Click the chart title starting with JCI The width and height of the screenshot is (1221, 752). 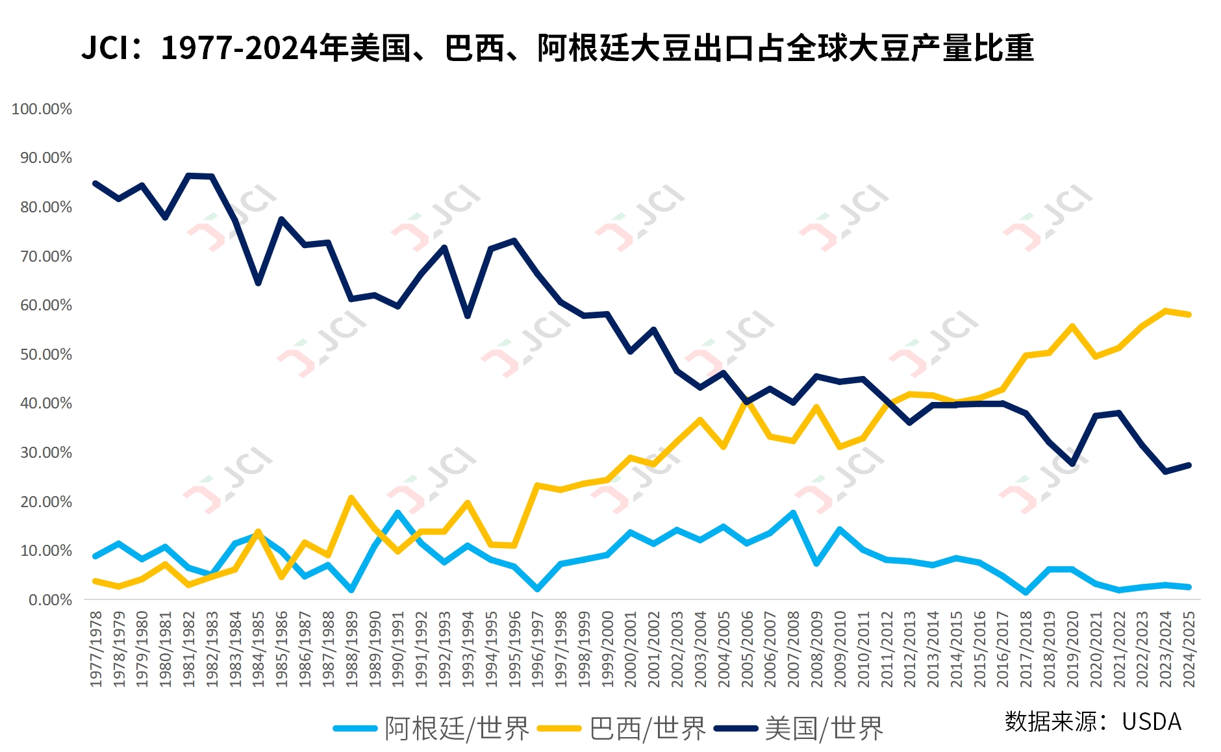click(x=557, y=48)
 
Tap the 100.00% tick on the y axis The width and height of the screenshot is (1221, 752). click(x=42, y=109)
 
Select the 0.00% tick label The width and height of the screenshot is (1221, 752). click(x=50, y=600)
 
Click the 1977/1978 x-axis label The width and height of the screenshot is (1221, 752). click(x=96, y=648)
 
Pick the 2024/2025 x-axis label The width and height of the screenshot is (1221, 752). click(x=1189, y=648)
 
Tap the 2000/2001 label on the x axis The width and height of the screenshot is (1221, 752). click(x=631, y=648)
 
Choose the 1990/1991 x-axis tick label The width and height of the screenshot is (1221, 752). click(x=398, y=648)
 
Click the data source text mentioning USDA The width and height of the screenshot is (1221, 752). click(x=1093, y=721)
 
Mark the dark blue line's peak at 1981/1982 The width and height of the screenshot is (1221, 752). click(x=189, y=175)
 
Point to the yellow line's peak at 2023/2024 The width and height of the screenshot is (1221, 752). click(x=1166, y=311)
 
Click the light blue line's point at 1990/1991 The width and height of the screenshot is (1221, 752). click(x=398, y=512)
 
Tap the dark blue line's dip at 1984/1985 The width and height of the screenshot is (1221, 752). click(x=258, y=283)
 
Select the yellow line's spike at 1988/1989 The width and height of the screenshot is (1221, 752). click(x=351, y=498)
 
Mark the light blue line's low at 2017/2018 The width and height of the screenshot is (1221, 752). click(x=1026, y=592)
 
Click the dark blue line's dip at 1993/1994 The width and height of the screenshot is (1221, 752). click(x=468, y=316)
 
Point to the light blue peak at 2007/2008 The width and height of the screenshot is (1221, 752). click(x=794, y=513)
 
